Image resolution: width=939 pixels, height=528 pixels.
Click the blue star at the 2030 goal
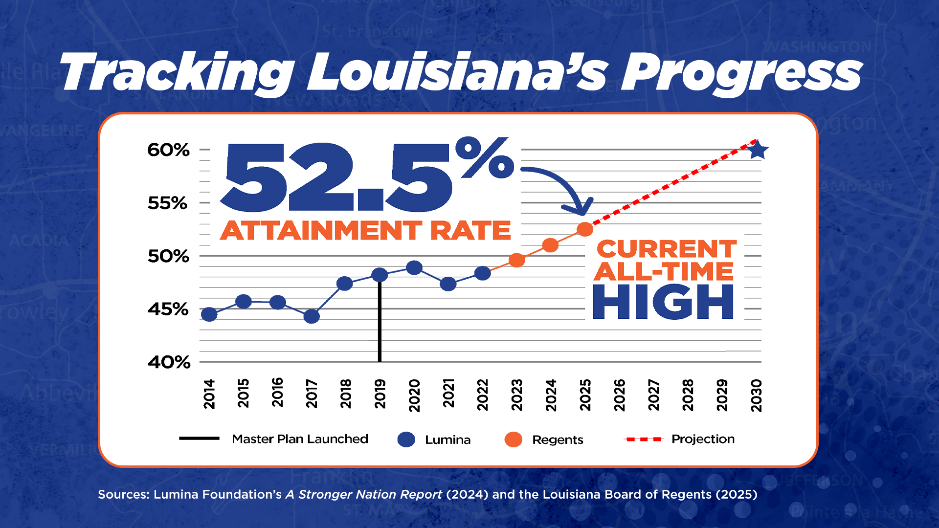pos(758,150)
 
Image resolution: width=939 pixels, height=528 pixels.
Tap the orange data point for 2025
pos(585,229)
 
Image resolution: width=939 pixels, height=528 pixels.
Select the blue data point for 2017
pos(312,316)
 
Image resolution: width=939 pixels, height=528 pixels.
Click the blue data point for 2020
pos(414,268)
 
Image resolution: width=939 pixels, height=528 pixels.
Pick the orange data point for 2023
pos(516,260)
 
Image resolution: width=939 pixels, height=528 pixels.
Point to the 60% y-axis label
pos(168,150)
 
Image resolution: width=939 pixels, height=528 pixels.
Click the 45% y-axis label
pos(168,309)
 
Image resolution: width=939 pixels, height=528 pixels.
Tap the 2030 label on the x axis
pos(757,395)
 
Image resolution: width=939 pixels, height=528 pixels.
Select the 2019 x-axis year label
pos(380,394)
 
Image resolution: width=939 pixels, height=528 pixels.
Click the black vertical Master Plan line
pos(380,323)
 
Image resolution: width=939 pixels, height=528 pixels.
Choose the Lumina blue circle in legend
pos(406,440)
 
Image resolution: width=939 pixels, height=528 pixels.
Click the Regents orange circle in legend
pos(513,440)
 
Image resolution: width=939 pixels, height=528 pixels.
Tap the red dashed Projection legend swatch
pos(643,440)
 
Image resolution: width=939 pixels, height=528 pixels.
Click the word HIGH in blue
pos(663,302)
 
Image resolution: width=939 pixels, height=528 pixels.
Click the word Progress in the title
pos(741,73)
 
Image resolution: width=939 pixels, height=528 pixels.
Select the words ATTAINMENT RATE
pos(365,230)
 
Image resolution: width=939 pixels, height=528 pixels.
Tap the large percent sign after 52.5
pos(484,157)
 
